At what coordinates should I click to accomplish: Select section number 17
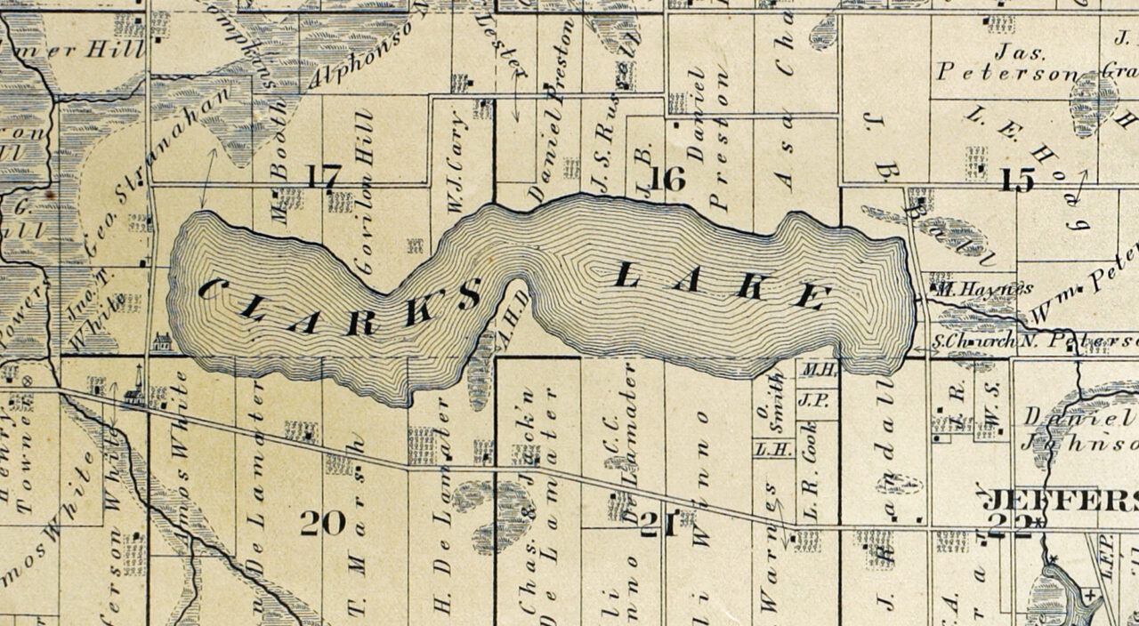[321, 176]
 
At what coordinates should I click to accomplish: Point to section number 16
[666, 179]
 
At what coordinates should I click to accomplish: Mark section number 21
[659, 526]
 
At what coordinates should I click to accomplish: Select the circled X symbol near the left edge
[26, 380]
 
